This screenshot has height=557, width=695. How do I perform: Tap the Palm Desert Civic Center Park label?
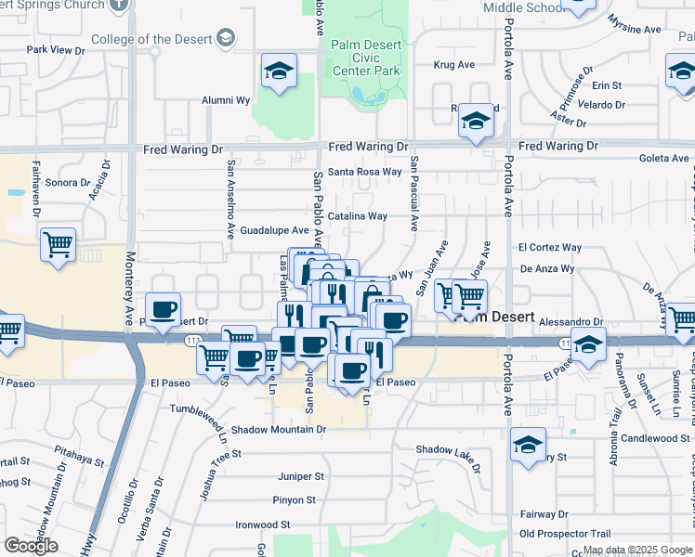(367, 57)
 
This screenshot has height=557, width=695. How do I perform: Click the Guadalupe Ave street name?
(274, 230)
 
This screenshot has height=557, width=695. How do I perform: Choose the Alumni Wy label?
(227, 100)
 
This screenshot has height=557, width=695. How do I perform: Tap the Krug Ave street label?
(455, 65)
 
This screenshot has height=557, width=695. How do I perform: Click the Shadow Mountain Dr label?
(279, 430)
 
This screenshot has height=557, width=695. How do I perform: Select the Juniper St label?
(301, 476)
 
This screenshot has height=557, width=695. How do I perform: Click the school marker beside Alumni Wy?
(278, 72)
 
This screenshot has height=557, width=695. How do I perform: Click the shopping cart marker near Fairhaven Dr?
(58, 246)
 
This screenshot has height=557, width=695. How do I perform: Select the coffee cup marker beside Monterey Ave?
(164, 311)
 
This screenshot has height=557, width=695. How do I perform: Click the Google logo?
(31, 546)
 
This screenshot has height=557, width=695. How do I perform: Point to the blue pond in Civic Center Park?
(358, 94)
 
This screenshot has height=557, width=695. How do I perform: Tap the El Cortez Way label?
(550, 248)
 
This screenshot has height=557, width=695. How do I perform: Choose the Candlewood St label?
(655, 438)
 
